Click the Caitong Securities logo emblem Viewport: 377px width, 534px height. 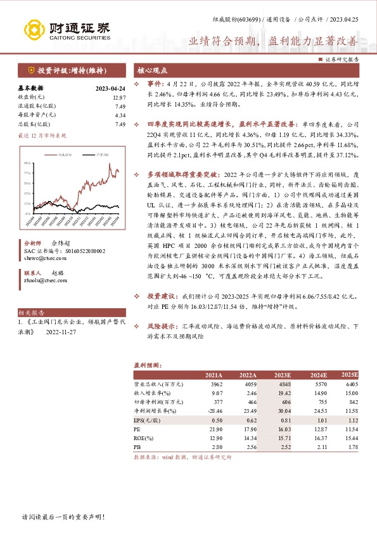[x=35, y=29]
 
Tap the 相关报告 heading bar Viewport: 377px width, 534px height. [x=32, y=313]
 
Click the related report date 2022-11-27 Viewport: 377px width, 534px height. [x=65, y=331]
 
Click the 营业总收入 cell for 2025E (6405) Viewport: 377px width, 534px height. [x=348, y=384]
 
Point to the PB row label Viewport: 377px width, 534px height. [x=137, y=446]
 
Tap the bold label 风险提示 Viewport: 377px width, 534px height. [x=162, y=326]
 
